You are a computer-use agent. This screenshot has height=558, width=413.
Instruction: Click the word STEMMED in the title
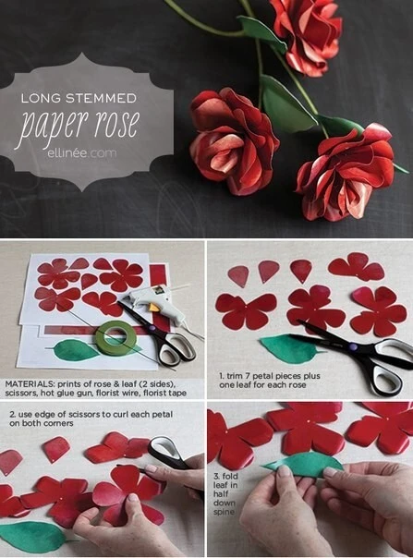click(x=104, y=98)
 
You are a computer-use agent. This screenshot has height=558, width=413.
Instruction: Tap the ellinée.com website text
click(x=82, y=153)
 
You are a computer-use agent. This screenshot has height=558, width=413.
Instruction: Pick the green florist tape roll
click(x=115, y=338)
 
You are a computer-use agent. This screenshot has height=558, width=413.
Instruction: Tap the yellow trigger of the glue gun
click(x=153, y=307)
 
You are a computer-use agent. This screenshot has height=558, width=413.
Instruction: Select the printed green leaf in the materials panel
click(x=77, y=350)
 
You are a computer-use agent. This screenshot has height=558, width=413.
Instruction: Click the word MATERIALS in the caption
click(x=29, y=384)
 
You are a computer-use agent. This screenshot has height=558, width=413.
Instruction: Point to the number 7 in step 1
click(x=251, y=376)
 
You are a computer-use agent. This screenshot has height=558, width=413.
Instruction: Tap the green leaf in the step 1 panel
click(x=287, y=349)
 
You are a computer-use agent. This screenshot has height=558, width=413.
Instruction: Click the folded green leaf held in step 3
click(x=303, y=465)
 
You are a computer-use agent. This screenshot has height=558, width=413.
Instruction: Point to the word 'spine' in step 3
click(x=224, y=512)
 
